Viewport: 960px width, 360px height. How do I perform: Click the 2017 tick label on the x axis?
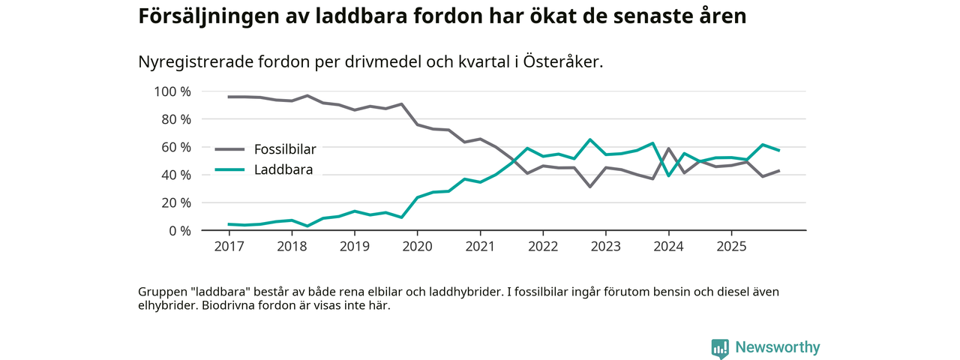(229, 246)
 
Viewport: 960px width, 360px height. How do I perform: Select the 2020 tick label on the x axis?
(417, 246)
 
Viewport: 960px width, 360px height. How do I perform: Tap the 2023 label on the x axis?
(605, 246)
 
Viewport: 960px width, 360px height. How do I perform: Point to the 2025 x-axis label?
(730, 246)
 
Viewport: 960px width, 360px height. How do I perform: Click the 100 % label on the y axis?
(172, 91)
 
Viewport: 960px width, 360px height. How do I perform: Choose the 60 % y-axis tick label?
(175, 147)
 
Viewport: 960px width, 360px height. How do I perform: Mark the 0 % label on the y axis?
(179, 230)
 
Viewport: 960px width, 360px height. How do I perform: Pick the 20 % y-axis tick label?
(175, 202)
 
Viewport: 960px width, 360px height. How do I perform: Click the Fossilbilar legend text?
(284, 148)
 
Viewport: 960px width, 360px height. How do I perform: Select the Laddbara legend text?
(283, 170)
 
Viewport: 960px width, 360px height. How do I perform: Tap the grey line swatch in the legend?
(229, 148)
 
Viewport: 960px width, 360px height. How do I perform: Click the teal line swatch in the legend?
(229, 170)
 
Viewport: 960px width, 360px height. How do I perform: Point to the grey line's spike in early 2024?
(668, 148)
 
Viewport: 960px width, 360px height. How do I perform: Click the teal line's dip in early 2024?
(668, 175)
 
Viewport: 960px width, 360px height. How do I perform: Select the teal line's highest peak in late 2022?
(590, 139)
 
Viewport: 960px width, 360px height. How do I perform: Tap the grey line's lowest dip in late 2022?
(590, 186)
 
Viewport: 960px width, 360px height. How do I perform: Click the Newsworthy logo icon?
(720, 348)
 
